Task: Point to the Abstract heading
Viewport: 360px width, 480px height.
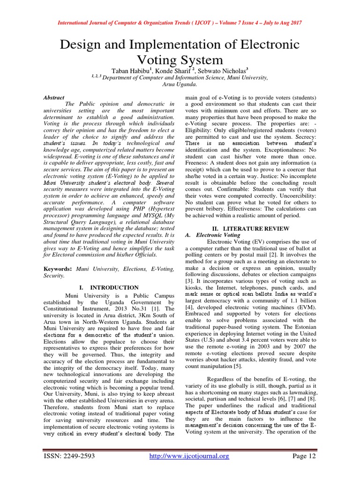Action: pyautogui.click(x=54, y=97)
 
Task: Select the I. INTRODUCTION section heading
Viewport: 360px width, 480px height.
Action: pyautogui.click(x=109, y=287)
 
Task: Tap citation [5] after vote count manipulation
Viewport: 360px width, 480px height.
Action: pyautogui.click(x=239, y=366)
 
